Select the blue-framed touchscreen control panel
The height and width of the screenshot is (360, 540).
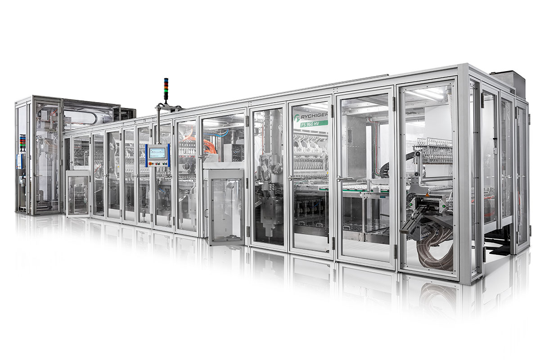pos(157,155)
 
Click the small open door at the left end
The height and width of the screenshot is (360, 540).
pos(77,193)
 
